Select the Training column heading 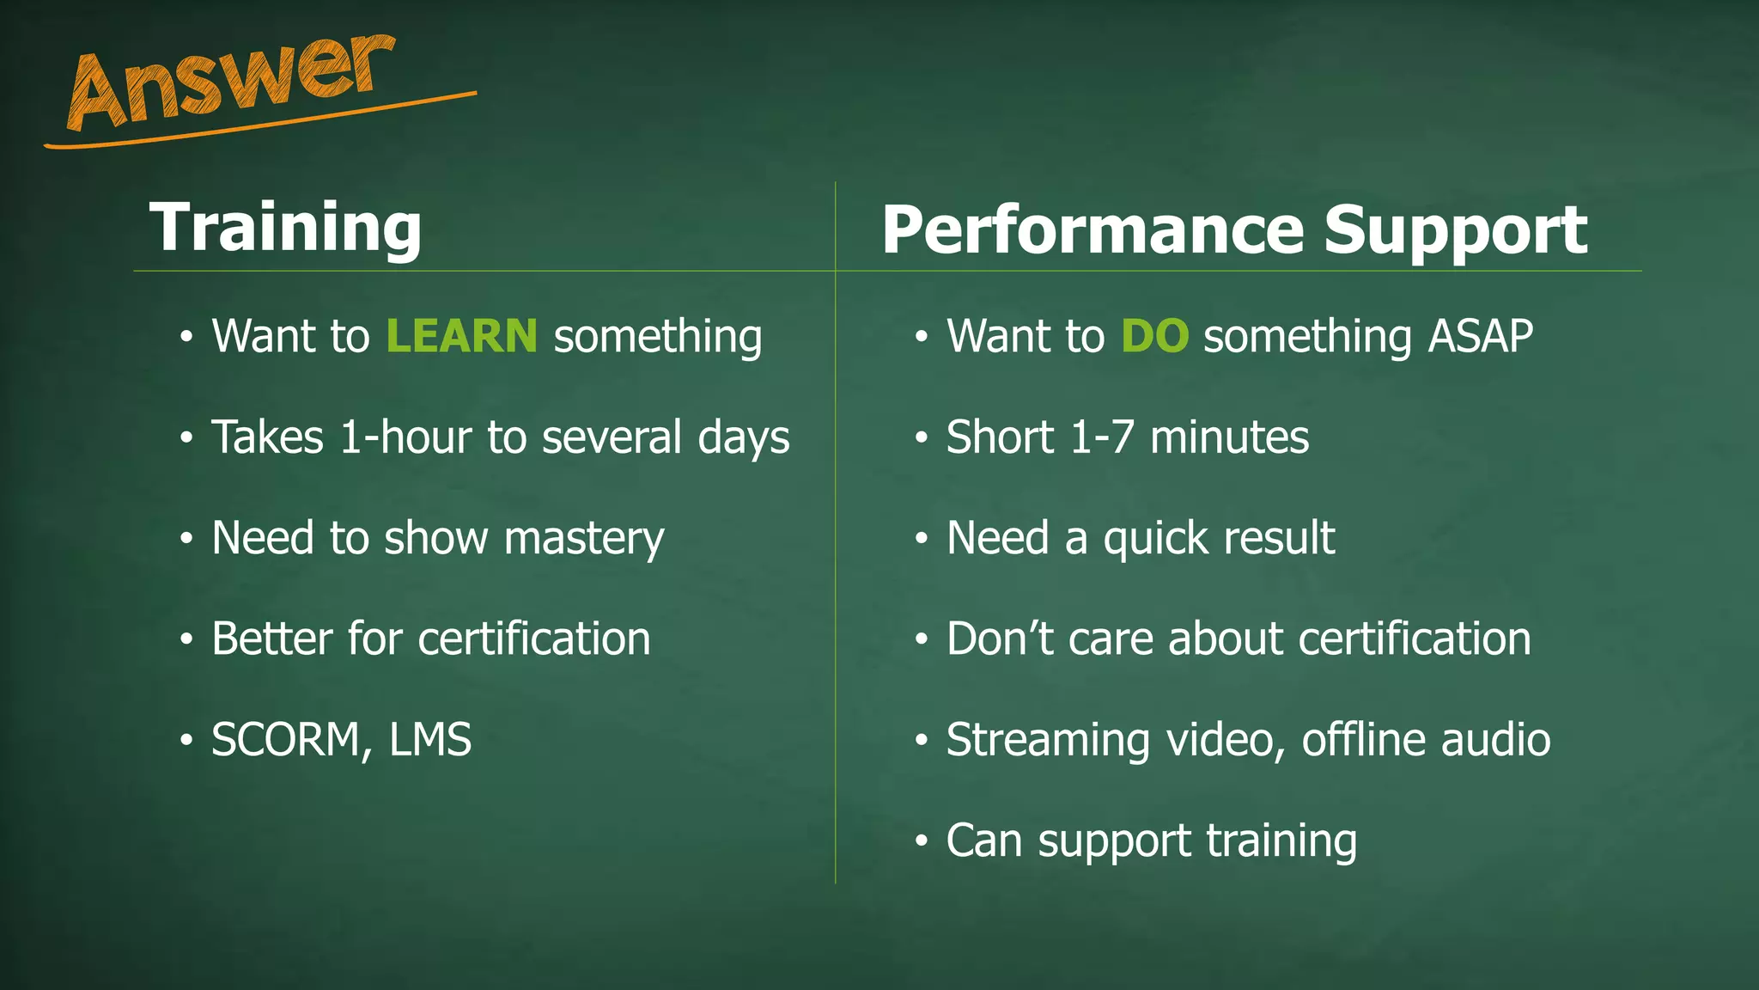point(285,227)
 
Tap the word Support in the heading point(1455,230)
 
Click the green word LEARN point(461,335)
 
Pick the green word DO point(1154,335)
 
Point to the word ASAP point(1480,335)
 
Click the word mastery point(584,538)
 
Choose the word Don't point(999,639)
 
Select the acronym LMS point(429,740)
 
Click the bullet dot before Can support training point(922,841)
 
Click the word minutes point(1229,437)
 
